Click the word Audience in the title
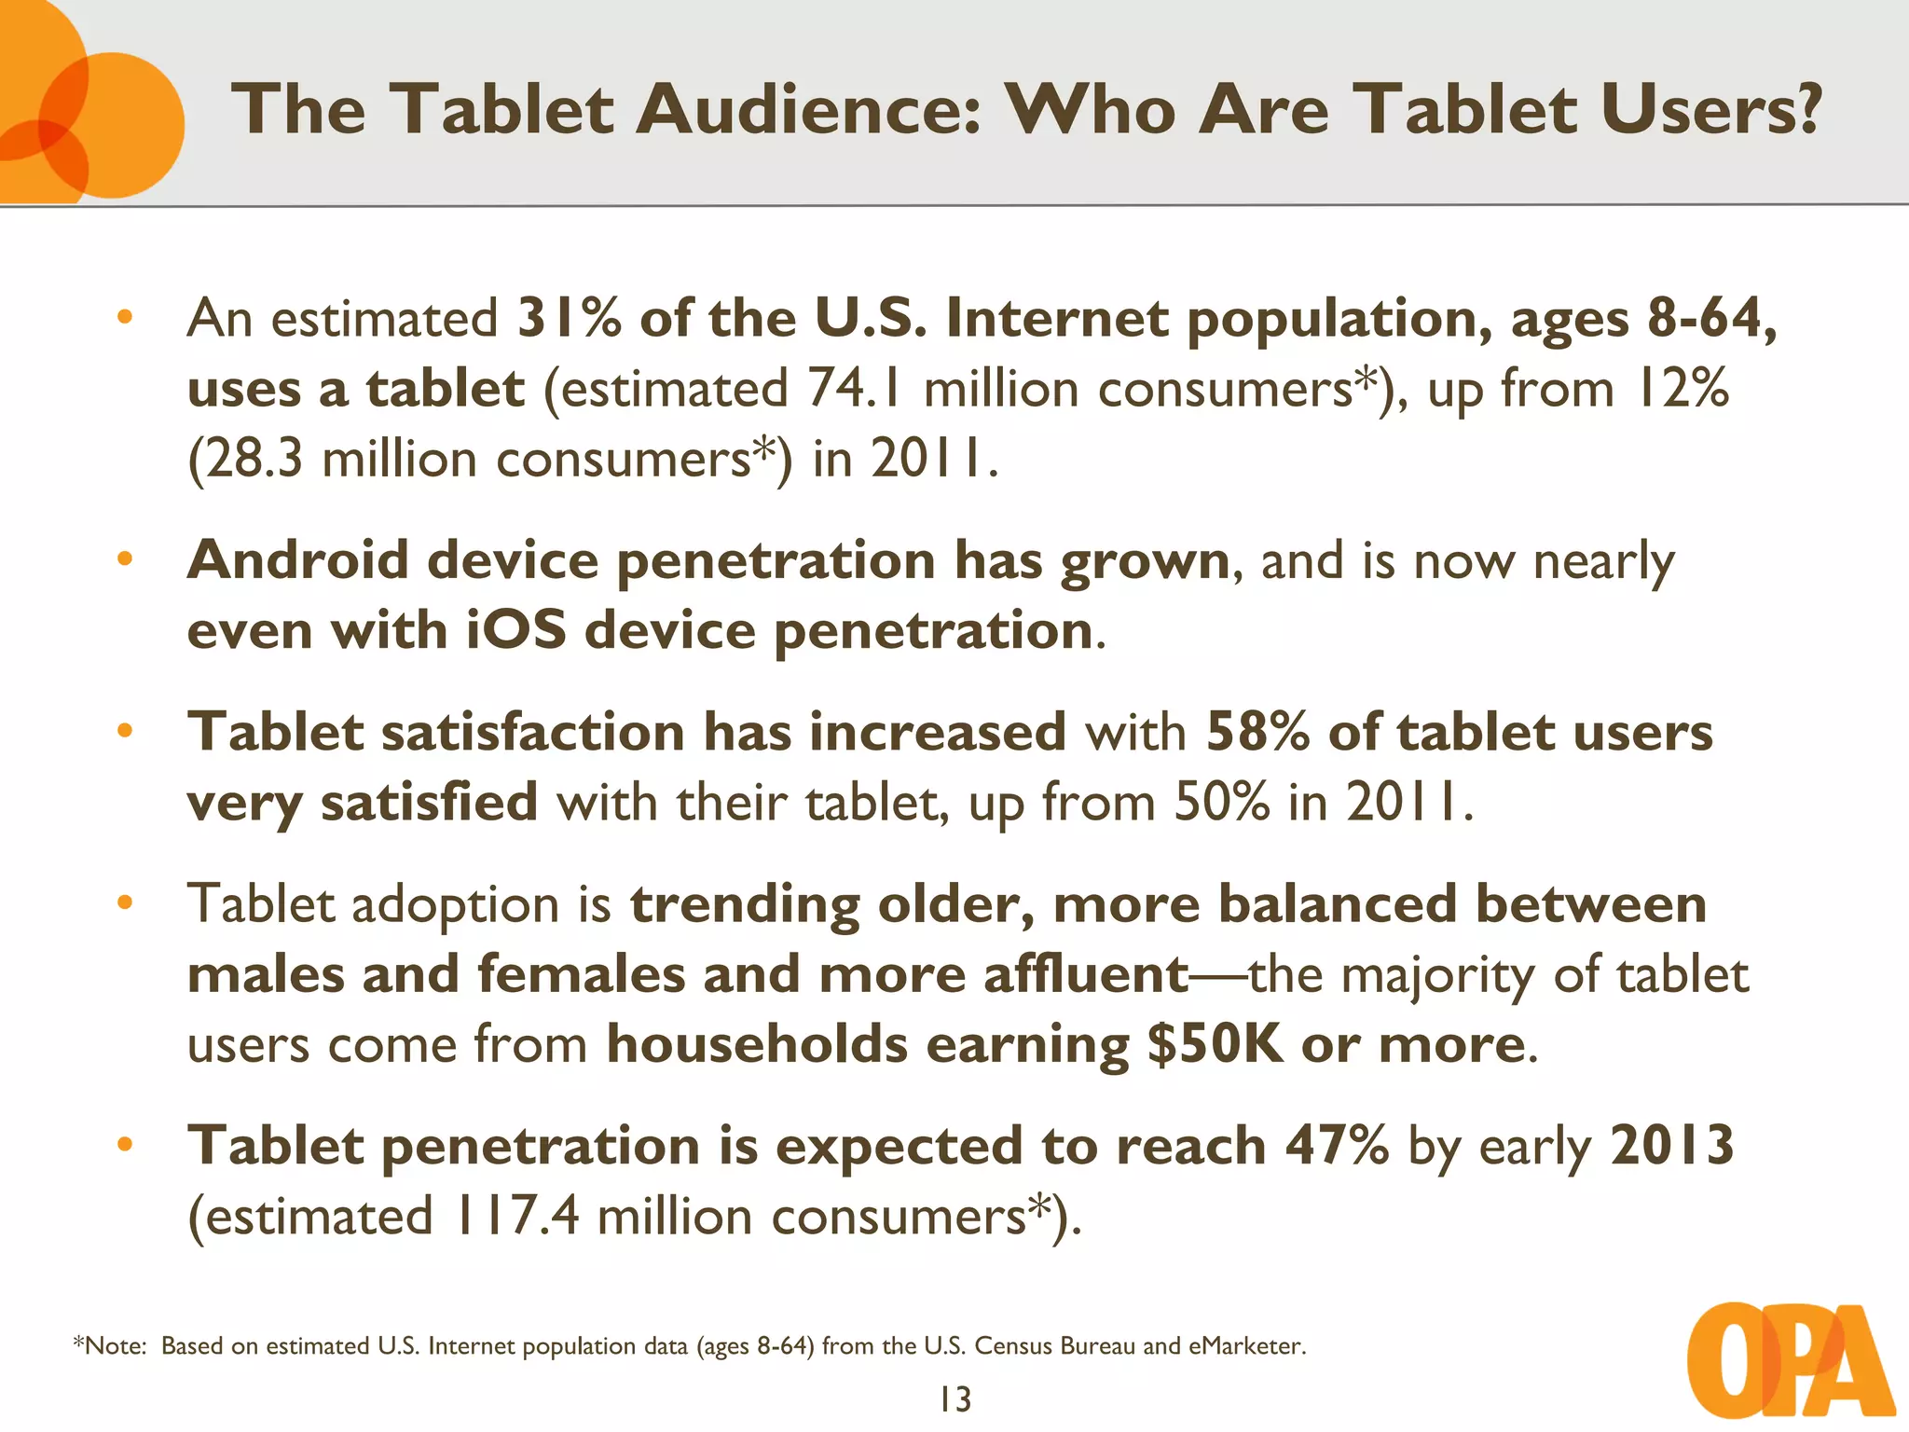[x=808, y=109]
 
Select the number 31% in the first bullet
[x=569, y=318]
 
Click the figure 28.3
[x=254, y=459]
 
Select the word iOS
[x=515, y=630]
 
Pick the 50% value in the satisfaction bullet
[x=1221, y=802]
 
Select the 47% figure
[x=1338, y=1145]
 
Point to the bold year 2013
[x=1671, y=1145]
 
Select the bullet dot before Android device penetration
[x=125, y=559]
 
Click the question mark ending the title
[x=1808, y=109]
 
